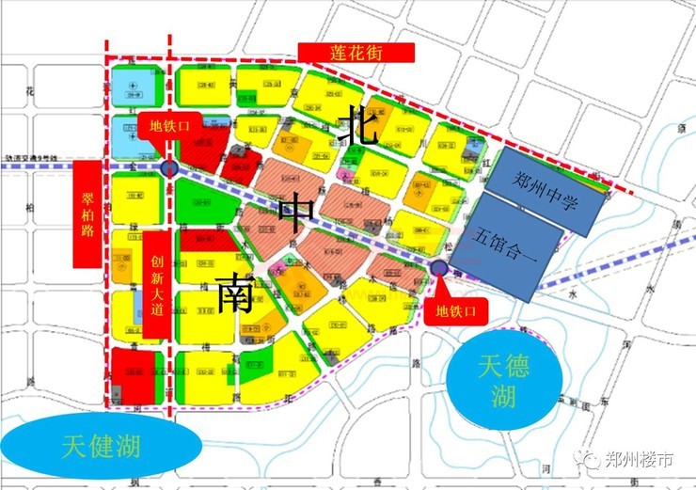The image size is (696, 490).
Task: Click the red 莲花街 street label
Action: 355,53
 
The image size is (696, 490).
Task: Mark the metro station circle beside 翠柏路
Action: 169,168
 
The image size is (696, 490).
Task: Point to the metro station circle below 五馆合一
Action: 438,268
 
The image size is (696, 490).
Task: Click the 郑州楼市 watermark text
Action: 639,460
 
